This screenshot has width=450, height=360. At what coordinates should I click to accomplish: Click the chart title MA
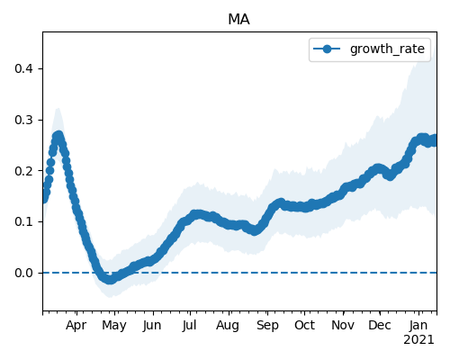(238, 20)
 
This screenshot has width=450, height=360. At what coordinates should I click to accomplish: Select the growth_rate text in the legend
(387, 49)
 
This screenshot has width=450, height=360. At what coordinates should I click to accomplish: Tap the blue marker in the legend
(327, 49)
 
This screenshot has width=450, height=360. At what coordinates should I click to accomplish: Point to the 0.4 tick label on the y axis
(23, 68)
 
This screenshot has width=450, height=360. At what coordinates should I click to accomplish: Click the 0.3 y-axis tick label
(23, 120)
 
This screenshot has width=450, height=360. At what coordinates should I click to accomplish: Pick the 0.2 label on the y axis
(23, 171)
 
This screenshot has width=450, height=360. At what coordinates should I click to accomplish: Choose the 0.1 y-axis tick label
(23, 221)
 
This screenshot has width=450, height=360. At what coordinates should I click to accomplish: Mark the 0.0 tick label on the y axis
(23, 273)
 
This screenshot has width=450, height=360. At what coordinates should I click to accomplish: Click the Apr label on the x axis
(76, 326)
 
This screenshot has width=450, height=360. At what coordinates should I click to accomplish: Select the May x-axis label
(114, 326)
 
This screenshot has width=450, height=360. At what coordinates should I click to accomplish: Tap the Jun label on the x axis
(152, 325)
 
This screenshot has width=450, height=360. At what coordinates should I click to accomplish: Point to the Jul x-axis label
(189, 325)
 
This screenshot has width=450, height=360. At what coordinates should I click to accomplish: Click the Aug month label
(228, 326)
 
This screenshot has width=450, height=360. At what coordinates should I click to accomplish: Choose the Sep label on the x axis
(267, 326)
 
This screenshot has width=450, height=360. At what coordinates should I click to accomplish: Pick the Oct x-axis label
(304, 325)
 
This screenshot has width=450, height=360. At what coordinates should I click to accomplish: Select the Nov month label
(343, 325)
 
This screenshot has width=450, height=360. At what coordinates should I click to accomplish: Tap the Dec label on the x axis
(380, 325)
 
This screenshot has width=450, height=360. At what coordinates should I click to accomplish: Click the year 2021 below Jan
(418, 340)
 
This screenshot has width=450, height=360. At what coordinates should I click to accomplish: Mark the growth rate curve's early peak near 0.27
(58, 136)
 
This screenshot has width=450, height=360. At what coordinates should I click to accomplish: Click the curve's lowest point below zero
(110, 280)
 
